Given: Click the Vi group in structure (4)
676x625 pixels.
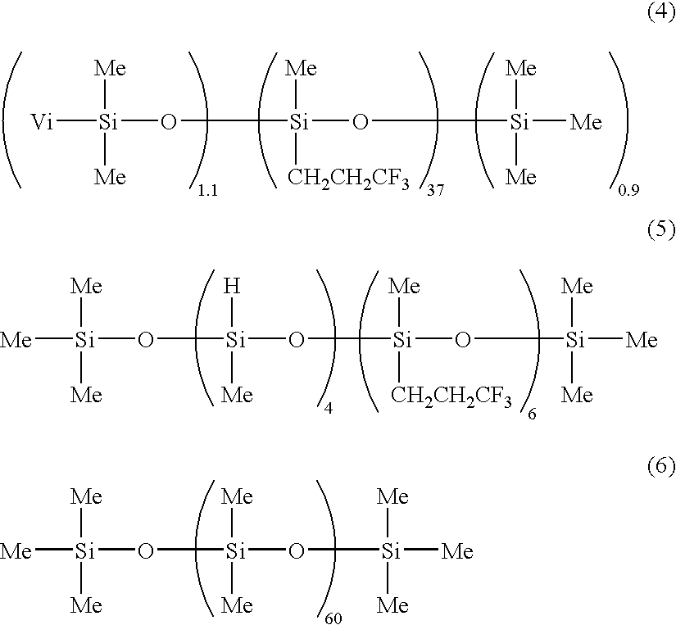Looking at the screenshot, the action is point(43,122).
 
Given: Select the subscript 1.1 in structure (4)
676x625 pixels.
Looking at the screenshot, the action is point(208,191).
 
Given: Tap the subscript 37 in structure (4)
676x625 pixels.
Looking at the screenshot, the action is point(435,190).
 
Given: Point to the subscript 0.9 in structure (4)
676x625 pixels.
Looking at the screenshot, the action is point(628,190).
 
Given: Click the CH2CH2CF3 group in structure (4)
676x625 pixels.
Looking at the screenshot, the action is point(348,179).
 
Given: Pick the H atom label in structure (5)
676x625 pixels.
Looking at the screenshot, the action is point(232,286).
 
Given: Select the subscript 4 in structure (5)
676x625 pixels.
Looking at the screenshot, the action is point(328,408).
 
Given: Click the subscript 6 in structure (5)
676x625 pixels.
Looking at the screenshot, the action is point(532,414).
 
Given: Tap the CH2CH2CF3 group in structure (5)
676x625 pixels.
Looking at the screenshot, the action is point(451,396).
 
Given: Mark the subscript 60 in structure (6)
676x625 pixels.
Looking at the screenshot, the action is point(333,618).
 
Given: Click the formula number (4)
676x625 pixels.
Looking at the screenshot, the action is point(661,13).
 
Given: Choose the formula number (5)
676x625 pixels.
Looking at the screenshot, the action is point(661,230).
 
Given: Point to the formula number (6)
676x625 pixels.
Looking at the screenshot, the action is point(661,467).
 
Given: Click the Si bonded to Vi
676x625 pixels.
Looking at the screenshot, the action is point(107,122).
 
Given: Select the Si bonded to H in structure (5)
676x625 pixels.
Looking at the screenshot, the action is point(235,341).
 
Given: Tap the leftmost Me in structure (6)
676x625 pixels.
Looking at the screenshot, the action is point(16,551).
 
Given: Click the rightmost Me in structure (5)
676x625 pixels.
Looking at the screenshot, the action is point(642,341).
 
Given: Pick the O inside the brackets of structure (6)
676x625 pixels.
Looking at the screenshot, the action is point(296,551).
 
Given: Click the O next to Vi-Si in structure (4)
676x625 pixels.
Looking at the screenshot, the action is point(169,122).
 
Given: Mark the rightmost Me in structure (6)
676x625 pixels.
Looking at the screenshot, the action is point(457,551).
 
